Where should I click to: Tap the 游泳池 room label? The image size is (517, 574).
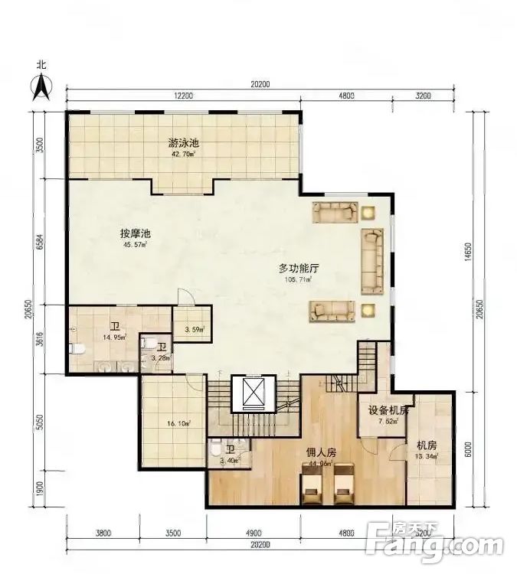coord(184,143)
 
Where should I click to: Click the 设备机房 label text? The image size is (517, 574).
coord(388,409)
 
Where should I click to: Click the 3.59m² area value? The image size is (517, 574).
coord(195,331)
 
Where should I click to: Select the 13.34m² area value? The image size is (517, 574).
coord(427,457)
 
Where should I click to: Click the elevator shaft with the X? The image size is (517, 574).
coord(253,393)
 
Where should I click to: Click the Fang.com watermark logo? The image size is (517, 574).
coord(437,545)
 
